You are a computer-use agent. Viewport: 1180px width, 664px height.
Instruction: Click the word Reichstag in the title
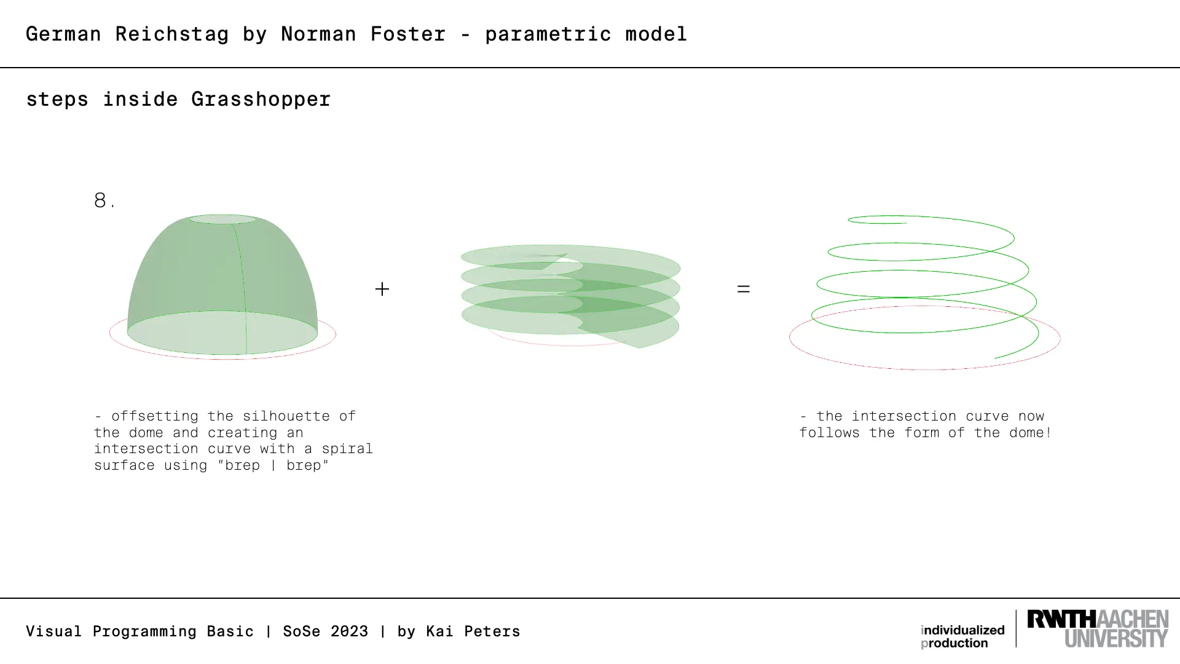click(x=172, y=34)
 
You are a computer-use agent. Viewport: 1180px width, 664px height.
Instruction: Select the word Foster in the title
click(x=407, y=34)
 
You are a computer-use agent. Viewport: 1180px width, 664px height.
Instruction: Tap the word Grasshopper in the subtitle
click(x=261, y=100)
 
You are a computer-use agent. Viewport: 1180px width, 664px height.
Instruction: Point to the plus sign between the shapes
click(x=382, y=289)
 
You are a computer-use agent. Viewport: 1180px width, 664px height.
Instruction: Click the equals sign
click(x=744, y=289)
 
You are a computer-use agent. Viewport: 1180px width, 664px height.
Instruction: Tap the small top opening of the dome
click(x=222, y=219)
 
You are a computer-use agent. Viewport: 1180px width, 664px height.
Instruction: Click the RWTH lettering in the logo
click(x=1061, y=619)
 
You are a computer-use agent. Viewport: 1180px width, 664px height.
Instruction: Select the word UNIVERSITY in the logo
click(x=1116, y=638)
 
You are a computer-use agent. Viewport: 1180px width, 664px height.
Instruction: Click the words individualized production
click(x=962, y=637)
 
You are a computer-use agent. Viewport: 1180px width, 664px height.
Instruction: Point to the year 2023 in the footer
click(x=349, y=631)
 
